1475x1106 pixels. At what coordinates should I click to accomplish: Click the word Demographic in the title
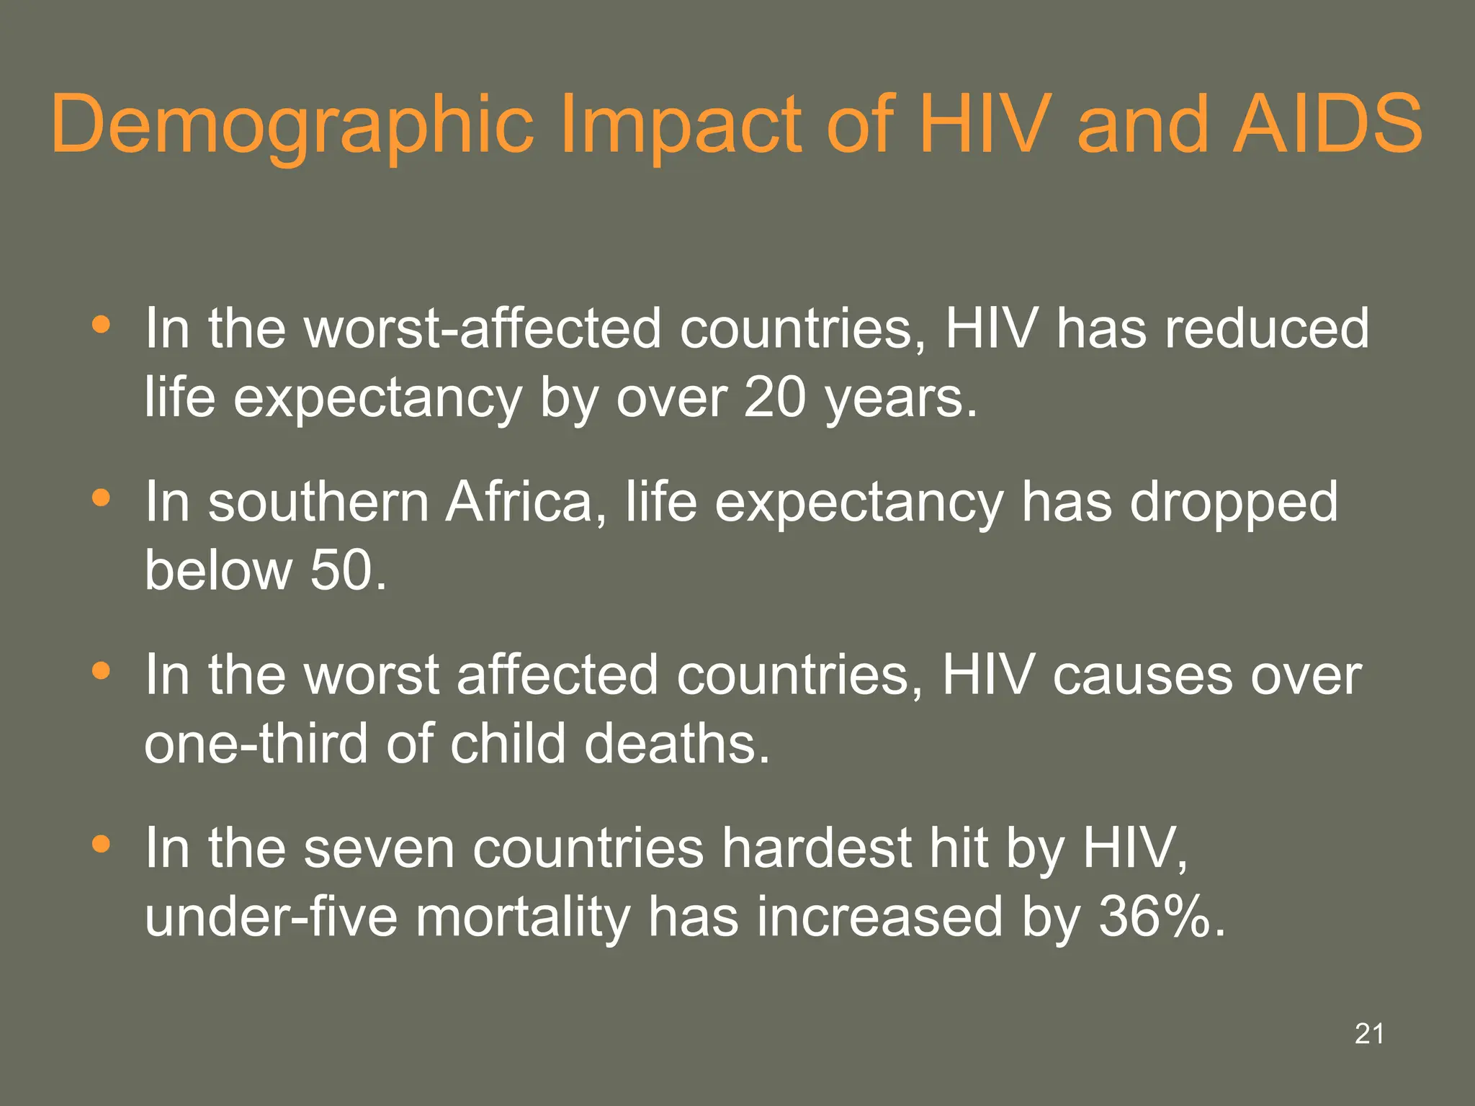[292, 125]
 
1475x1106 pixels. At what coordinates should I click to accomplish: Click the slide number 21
[1368, 1034]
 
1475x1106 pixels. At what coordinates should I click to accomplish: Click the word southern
[318, 502]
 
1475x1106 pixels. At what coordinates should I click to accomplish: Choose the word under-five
[271, 917]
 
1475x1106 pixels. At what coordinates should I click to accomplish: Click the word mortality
[522, 917]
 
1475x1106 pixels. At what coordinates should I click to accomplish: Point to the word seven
[380, 848]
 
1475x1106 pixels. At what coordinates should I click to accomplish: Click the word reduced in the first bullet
[1267, 328]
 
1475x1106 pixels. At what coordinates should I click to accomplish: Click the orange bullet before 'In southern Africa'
[102, 498]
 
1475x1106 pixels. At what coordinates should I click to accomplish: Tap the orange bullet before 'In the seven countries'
[102, 843]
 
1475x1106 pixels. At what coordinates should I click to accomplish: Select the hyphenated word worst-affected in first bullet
[482, 328]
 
